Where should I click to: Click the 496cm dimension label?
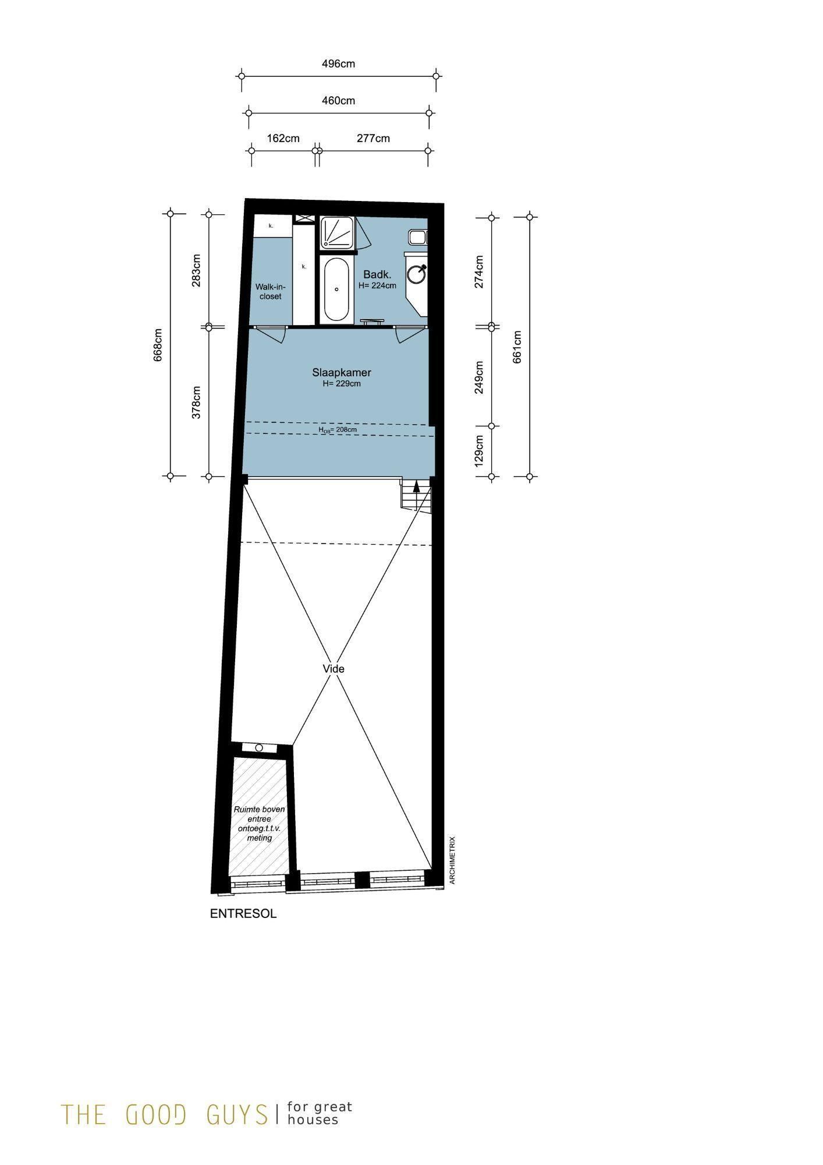(x=338, y=63)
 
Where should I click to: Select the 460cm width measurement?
(x=338, y=101)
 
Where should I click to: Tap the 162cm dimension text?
(x=283, y=138)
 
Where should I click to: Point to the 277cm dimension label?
(x=373, y=138)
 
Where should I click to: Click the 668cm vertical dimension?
(x=158, y=345)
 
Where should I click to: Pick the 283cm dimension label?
(x=196, y=270)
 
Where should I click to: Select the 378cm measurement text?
(x=196, y=402)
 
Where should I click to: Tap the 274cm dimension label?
(x=479, y=271)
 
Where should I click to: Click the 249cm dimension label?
(x=479, y=377)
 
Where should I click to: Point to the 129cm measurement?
(x=479, y=451)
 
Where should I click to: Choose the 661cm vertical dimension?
(x=517, y=347)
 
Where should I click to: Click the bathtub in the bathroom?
(x=336, y=290)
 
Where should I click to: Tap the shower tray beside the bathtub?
(x=336, y=234)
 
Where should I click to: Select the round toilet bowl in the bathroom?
(x=416, y=274)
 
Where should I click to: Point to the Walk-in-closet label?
(x=271, y=291)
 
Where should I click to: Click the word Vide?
(x=334, y=669)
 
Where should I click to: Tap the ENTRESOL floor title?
(x=243, y=914)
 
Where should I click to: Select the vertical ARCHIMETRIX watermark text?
(x=452, y=860)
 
